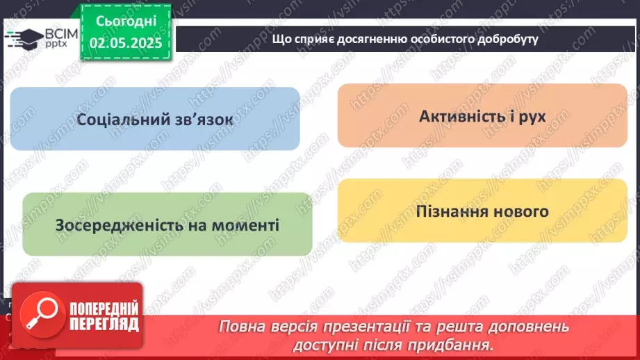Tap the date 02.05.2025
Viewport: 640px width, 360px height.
tap(126, 43)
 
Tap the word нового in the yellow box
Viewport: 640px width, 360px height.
tap(521, 211)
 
